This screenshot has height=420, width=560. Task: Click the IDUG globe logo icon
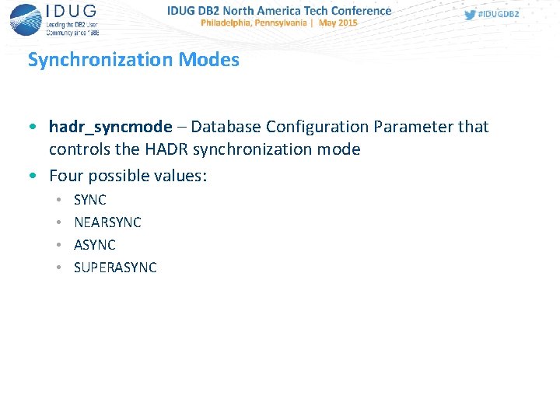coord(26,19)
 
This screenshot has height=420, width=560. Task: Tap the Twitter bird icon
coord(470,15)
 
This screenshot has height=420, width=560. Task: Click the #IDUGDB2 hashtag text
coord(499,15)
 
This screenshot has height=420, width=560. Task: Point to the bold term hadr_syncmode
coord(110,127)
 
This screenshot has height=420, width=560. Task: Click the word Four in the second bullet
coord(65,176)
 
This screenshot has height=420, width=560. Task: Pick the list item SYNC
coord(90,200)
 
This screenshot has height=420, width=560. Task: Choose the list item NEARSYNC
coord(107,222)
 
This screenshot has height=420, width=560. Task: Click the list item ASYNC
coord(95,245)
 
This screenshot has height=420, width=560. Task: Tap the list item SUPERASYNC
coord(115,268)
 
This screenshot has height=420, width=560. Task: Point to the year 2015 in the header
coord(347,23)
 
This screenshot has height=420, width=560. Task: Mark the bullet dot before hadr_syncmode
coord(31,127)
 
